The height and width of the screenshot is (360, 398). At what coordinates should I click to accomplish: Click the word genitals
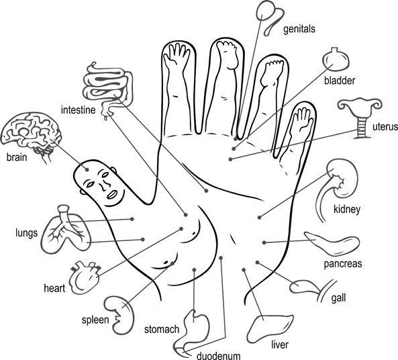tap(299, 30)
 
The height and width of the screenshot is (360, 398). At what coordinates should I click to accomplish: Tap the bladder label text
tap(340, 81)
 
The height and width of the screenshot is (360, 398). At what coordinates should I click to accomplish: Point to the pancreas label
tap(343, 264)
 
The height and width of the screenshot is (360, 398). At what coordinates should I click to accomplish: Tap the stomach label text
tap(162, 330)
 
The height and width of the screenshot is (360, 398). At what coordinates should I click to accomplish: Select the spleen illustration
tap(119, 315)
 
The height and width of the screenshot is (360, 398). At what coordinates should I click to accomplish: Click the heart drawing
tap(85, 277)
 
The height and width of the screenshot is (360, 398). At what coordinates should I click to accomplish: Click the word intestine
tap(78, 110)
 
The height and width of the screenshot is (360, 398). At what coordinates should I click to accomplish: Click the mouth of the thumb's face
tap(112, 194)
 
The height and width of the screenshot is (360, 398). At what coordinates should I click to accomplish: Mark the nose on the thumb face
tap(103, 185)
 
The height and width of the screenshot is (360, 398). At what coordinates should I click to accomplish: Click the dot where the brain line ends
tap(87, 169)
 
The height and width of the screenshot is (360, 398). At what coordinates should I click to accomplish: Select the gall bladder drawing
tap(313, 290)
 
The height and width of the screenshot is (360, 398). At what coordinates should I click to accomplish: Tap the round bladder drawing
tap(336, 59)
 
